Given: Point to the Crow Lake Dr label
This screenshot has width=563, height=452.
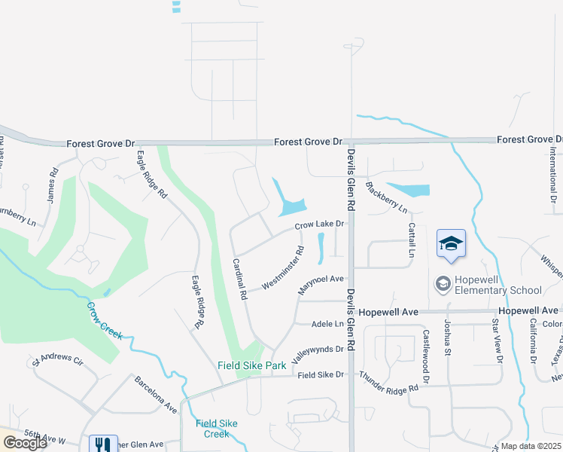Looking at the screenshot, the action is tap(319, 224).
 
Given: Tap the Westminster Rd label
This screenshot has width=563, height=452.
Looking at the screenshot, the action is tap(283, 268).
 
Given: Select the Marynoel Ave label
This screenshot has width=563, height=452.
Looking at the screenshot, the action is tap(321, 279).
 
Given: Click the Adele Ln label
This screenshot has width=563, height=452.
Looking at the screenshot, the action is tap(327, 324).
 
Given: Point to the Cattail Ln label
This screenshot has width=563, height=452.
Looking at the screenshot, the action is tap(412, 240).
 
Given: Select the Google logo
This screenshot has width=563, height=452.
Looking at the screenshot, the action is tap(25, 443).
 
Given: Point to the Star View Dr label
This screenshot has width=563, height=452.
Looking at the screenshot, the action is tap(497, 340).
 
